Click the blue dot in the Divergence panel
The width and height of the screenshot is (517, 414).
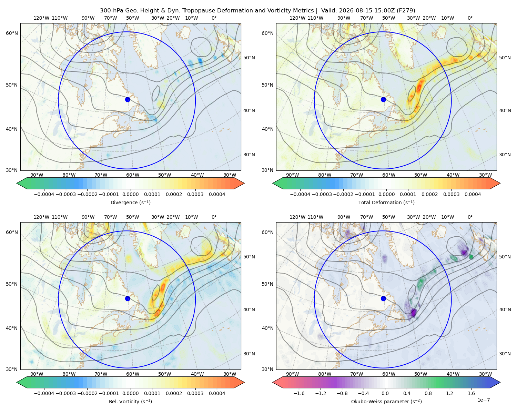coord(128,100)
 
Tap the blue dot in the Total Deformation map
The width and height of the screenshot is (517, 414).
coord(383,100)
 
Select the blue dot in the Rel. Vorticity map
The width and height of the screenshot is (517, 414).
coord(128,298)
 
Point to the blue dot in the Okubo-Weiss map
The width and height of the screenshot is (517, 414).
coord(383,298)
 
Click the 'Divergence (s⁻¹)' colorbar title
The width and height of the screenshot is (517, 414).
coord(130,202)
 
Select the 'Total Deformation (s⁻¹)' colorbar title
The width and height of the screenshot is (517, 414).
coord(386,202)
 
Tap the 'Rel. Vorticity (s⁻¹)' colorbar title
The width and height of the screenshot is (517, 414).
coord(130,402)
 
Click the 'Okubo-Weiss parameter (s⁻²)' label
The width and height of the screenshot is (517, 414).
coord(386,402)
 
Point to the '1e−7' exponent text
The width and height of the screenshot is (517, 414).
coord(483,400)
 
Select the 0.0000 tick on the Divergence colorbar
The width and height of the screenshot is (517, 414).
coord(130,194)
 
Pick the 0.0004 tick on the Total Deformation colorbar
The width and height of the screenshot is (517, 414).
coord(473,194)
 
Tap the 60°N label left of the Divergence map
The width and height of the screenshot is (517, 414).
coord(12,33)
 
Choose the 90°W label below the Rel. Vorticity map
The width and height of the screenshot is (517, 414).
coord(37,374)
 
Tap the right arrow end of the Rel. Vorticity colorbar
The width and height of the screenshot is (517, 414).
coord(239,382)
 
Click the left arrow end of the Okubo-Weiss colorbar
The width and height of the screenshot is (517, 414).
coord(277,382)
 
